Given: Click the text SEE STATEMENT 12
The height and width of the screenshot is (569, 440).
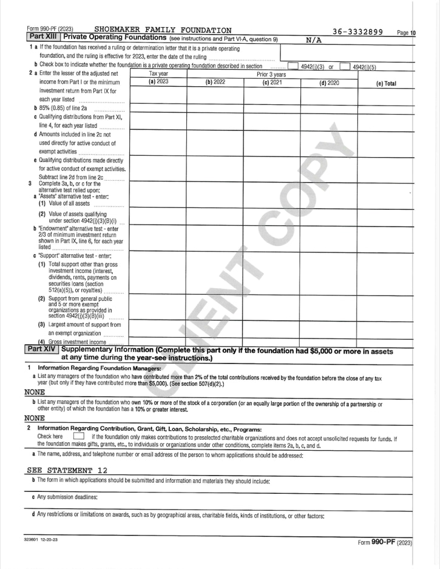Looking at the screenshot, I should pyautogui.click(x=68, y=470).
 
